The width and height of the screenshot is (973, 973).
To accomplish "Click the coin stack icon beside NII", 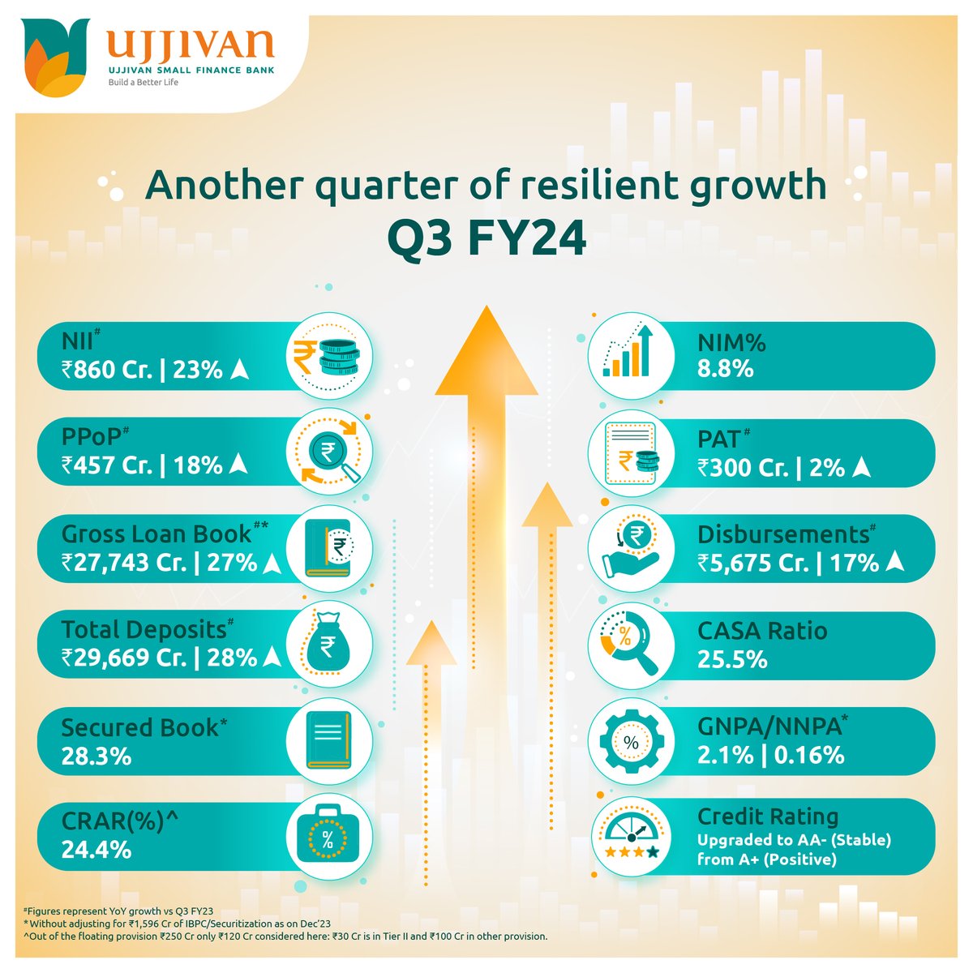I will tap(329, 357).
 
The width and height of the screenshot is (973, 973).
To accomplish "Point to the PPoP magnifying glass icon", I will tap(329, 452).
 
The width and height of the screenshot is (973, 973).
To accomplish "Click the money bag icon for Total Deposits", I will tap(329, 645).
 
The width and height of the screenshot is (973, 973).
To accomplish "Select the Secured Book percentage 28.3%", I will tap(96, 756).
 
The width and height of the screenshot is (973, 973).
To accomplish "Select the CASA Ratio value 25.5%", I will tap(732, 659).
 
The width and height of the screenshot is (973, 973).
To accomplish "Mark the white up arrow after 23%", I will tap(239, 370).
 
